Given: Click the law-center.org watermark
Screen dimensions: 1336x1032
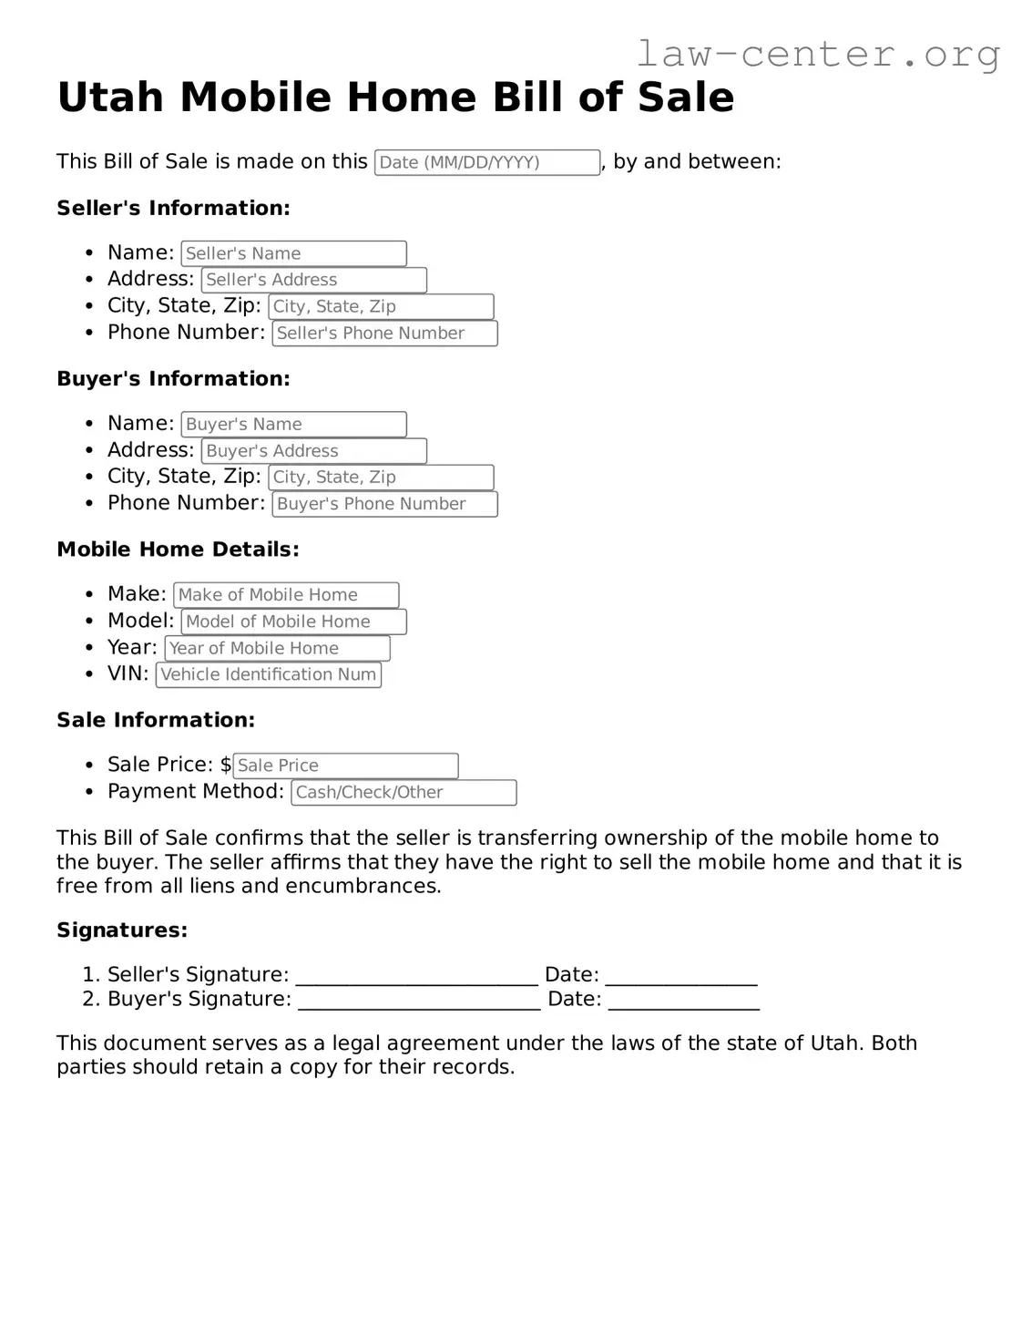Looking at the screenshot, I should (x=817, y=54).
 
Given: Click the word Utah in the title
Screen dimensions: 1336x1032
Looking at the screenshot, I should (x=111, y=97).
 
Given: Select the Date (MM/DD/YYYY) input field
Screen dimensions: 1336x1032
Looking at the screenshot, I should (x=486, y=162).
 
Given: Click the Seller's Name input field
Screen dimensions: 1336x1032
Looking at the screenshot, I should (x=293, y=253).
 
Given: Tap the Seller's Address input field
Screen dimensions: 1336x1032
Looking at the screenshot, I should (x=313, y=280).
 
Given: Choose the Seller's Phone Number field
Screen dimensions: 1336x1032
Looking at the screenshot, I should (x=384, y=334).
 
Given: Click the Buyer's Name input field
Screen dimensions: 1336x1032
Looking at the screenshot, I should (x=293, y=424).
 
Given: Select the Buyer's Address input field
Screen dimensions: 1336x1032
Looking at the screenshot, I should (x=313, y=451).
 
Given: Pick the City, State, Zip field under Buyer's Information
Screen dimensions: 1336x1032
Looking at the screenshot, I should (x=381, y=478).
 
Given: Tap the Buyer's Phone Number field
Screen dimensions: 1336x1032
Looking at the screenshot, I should (x=384, y=504).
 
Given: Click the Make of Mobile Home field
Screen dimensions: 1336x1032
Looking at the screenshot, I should (x=286, y=595).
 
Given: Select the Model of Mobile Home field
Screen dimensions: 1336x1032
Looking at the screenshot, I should (x=293, y=622).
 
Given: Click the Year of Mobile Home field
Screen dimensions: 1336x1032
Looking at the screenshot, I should (x=277, y=648).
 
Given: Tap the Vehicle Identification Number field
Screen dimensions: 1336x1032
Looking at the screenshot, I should (x=269, y=674).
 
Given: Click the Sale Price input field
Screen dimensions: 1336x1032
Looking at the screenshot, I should (x=345, y=766).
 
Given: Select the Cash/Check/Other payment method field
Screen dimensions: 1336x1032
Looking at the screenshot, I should (x=404, y=793).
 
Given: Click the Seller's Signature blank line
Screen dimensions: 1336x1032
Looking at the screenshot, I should (x=416, y=976).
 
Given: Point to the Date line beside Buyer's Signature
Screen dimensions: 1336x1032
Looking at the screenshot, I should (x=683, y=1000).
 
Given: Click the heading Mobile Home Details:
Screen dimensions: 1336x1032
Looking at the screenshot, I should (x=178, y=550).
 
